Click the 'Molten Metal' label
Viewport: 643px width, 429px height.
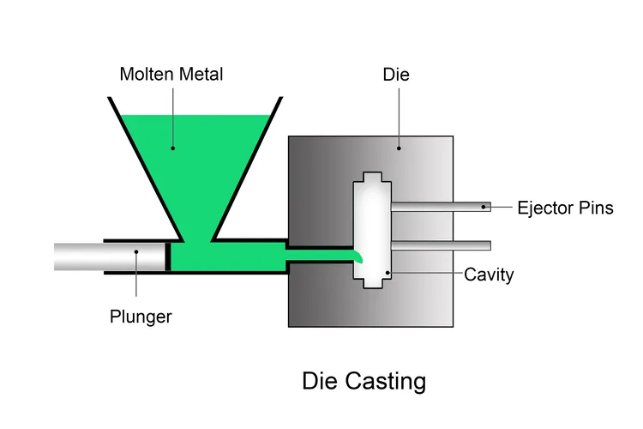coord(171,75)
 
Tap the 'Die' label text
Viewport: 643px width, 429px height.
coord(396,75)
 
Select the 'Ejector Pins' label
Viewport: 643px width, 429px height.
coord(565,207)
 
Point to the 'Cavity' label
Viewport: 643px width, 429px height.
coord(489,275)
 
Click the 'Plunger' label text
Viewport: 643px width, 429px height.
coord(141,317)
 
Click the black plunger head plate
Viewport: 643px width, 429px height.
coord(168,257)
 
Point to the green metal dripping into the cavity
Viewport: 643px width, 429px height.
coord(357,255)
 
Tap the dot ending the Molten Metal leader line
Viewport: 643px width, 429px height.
coord(171,148)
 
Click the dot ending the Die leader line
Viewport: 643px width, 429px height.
coord(399,148)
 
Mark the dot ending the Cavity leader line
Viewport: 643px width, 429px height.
coord(388,275)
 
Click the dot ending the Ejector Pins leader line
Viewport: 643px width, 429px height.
coord(484,207)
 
